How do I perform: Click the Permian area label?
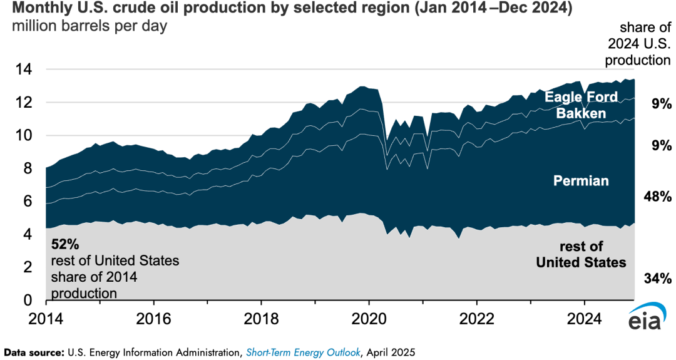581,181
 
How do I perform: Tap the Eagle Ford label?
581,97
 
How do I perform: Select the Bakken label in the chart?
581,113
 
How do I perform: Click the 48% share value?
657,197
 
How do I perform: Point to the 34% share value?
657,278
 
